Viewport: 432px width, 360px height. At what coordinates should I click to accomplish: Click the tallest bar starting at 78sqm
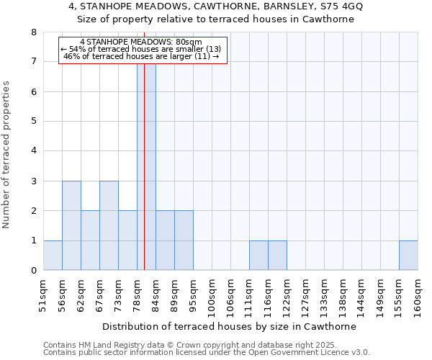tap(146, 166)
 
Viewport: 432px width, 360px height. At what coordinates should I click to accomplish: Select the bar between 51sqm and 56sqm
tap(53, 256)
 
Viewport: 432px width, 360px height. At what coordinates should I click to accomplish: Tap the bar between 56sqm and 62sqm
tap(71, 225)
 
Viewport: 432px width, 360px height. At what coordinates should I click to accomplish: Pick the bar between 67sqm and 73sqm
tap(109, 225)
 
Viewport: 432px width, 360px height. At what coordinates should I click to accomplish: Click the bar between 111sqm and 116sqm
tap(258, 256)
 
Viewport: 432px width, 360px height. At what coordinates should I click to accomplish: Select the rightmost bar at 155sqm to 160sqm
tap(408, 256)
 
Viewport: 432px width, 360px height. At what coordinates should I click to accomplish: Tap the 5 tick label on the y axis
tap(34, 122)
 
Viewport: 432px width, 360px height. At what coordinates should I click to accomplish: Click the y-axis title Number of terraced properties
tap(6, 155)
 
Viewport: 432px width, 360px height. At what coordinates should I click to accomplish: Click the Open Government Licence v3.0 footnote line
tap(207, 353)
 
